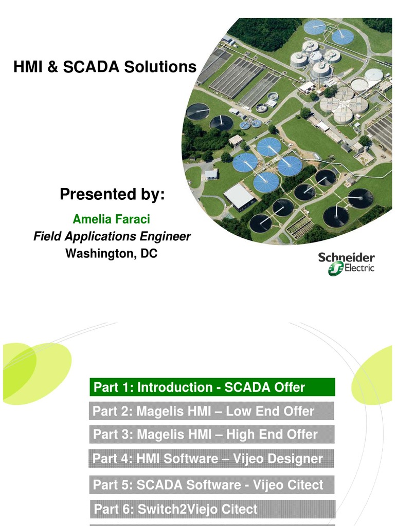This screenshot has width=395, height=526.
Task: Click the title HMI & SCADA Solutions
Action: coord(105,67)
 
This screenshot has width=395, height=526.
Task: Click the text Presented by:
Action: coord(112,195)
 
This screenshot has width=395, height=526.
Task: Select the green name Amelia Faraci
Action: coord(112,220)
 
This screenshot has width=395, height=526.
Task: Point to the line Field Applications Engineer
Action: coord(112,237)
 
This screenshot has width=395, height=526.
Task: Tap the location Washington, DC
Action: coord(112,253)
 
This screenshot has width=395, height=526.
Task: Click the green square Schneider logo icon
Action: coord(335,268)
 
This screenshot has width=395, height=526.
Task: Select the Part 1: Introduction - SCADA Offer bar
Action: coord(212,387)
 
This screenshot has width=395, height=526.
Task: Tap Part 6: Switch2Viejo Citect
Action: coord(212,509)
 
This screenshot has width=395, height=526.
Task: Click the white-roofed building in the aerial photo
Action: coord(239,196)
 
